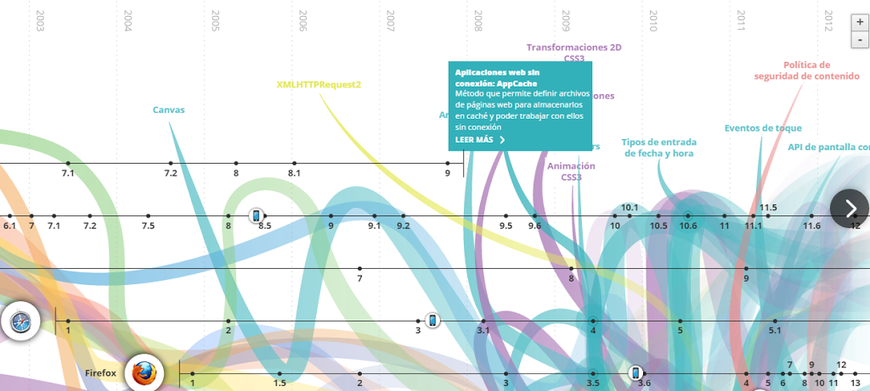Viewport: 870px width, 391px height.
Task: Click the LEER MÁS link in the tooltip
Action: coord(480,140)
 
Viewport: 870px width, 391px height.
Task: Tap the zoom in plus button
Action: coord(859,23)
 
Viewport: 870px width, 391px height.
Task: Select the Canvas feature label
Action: coord(168,109)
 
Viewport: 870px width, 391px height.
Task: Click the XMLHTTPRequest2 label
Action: coord(319,85)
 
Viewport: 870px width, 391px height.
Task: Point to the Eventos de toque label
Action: coord(762,128)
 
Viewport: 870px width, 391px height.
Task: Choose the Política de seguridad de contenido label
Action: coord(806,70)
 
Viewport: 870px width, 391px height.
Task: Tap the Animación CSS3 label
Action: coord(571,171)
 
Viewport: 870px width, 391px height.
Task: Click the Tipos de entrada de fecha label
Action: coord(658,148)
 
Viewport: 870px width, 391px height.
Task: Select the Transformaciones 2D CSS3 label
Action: coord(573,53)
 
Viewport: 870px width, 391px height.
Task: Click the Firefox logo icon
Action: coord(144,373)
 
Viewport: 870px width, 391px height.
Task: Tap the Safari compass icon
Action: coord(20,321)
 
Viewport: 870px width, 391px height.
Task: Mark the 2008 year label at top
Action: coord(478,21)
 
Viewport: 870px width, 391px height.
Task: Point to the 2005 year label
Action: coord(215,21)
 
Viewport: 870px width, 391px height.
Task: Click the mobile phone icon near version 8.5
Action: coord(256,215)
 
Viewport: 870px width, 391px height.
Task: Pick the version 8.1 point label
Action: coord(294,173)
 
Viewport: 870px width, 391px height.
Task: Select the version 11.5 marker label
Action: coord(768,207)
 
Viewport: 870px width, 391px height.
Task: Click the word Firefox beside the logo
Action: coord(100,373)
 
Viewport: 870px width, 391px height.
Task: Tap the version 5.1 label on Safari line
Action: coord(775,332)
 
